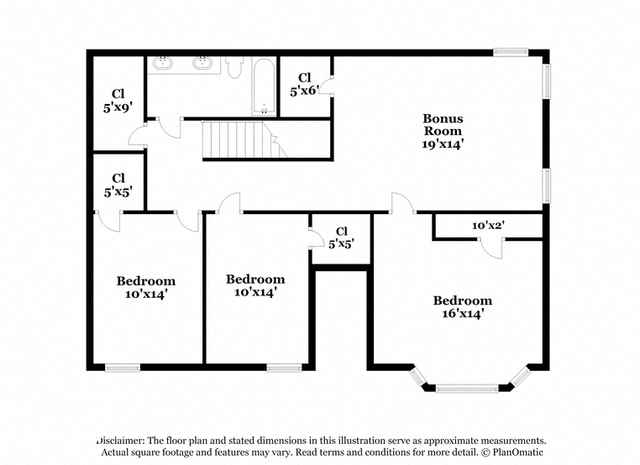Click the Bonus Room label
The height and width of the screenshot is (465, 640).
(443, 124)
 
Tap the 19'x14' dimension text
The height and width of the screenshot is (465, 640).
(443, 144)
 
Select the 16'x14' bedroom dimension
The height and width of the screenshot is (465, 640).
(463, 313)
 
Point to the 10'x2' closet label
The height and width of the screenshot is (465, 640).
(489, 225)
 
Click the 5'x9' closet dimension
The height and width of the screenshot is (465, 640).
(118, 107)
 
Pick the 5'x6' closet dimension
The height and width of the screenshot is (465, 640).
(304, 91)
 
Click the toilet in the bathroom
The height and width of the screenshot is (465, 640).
(234, 67)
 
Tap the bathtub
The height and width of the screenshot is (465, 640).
(265, 86)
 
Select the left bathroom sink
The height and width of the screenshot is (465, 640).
(162, 63)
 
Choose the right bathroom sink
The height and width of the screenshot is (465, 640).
(202, 63)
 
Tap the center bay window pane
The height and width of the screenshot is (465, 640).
(467, 388)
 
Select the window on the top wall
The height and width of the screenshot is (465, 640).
(511, 52)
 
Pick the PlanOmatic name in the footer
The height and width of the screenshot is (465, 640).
(518, 452)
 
